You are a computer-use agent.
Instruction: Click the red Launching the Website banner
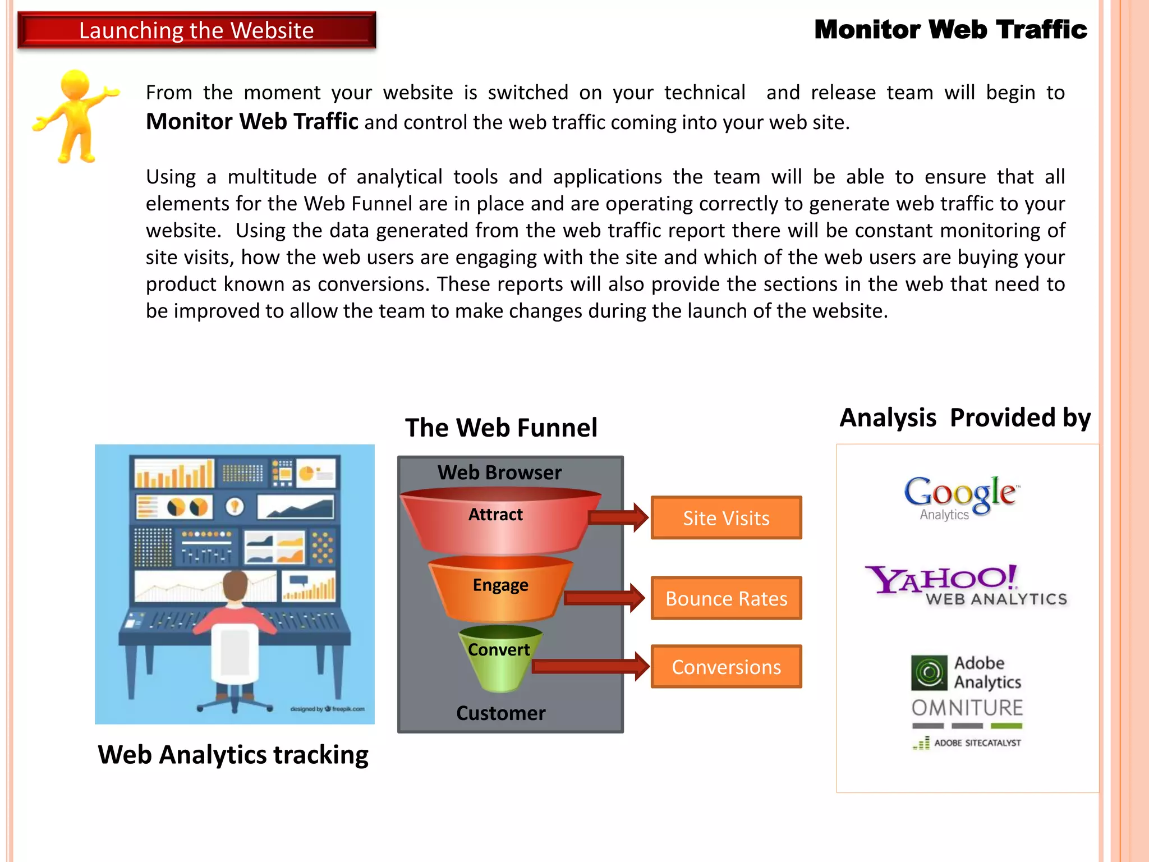tap(196, 30)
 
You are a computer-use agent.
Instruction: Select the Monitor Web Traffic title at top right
tap(950, 30)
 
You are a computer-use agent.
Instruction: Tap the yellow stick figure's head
tap(75, 84)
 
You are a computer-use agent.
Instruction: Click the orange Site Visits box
tap(726, 518)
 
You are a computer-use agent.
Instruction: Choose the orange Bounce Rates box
tap(726, 598)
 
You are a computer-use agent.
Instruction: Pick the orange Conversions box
tap(726, 667)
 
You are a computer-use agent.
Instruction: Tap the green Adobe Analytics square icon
tap(929, 672)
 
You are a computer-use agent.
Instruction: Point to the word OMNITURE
tap(967, 708)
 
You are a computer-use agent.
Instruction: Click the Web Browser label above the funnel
tap(499, 473)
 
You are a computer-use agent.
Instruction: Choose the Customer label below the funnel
tap(500, 713)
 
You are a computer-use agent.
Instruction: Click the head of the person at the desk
tap(236, 586)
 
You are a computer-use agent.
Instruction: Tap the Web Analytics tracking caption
tap(233, 755)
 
